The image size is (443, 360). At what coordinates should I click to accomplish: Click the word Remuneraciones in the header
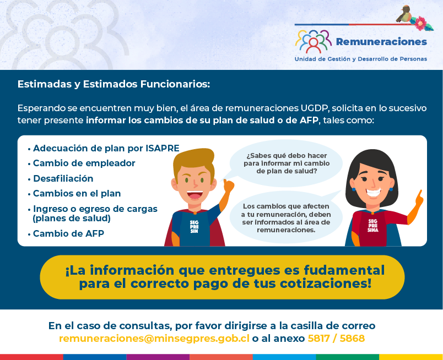coord(381,42)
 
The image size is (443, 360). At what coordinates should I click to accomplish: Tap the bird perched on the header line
coord(403,14)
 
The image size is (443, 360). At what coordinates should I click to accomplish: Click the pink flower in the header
coord(420,23)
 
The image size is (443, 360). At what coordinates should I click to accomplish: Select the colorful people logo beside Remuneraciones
coord(314,41)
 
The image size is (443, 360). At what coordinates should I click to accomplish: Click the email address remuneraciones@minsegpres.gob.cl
coord(154,339)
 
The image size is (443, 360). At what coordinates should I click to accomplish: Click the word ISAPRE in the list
coord(163,148)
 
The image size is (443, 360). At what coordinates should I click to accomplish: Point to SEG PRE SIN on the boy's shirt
coord(194,227)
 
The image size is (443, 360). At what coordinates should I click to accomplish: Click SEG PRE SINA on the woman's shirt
coord(372,226)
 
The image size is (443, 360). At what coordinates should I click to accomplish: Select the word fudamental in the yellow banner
coord(344,270)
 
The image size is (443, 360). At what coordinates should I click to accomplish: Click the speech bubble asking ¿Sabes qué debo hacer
coord(286,163)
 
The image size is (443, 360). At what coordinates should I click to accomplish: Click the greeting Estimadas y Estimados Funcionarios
coord(114,84)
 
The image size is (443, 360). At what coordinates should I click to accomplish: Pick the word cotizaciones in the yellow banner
coord(326,284)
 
